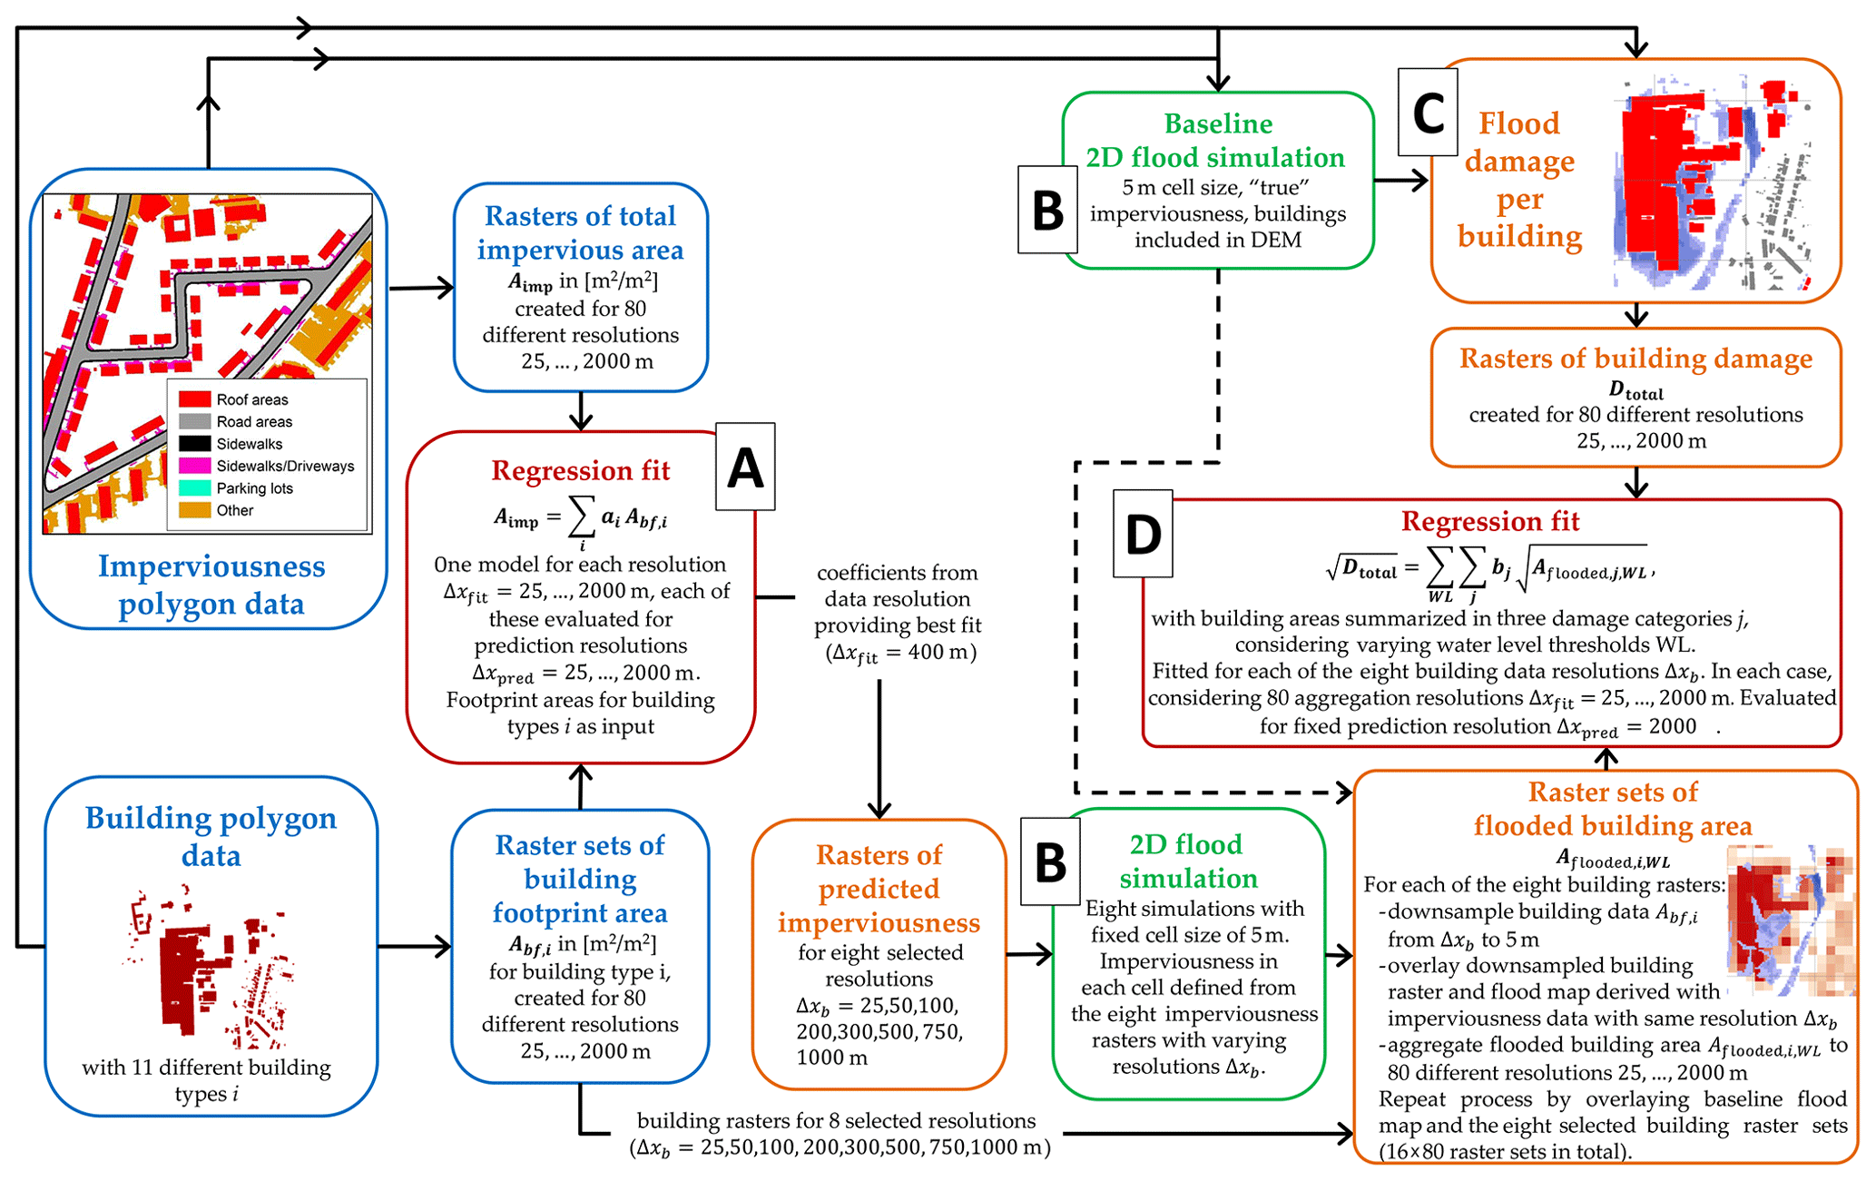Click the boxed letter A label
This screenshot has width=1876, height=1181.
pos(745,467)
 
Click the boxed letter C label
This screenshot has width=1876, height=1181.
pos(1428,113)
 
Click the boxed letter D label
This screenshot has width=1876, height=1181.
pos(1143,534)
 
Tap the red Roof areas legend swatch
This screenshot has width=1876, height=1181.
pos(194,399)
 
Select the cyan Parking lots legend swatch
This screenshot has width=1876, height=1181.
pos(194,488)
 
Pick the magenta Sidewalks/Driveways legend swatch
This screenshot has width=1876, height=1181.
pos(194,466)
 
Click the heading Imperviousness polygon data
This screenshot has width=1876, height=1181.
pos(211,585)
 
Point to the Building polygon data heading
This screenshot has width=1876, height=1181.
pos(211,836)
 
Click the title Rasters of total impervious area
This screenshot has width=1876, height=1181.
pos(580,232)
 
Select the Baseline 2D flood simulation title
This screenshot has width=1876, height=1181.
pos(1216,141)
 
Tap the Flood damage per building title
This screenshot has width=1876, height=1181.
pos(1519,180)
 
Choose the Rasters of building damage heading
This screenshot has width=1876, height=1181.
pos(1635,359)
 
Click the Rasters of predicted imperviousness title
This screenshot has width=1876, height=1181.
pos(879,889)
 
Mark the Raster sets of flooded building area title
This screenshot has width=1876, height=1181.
pos(1612,809)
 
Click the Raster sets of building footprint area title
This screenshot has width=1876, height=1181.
pos(580,879)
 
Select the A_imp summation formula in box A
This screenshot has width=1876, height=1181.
pos(580,520)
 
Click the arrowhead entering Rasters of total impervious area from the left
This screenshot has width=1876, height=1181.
pos(445,288)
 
